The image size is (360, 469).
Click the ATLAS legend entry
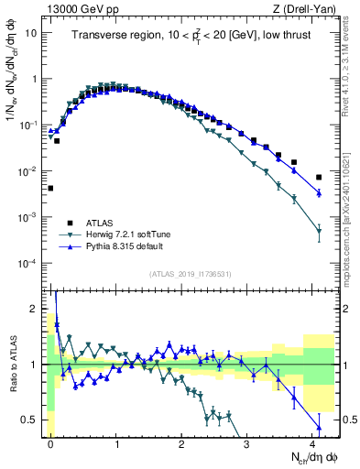[x=97, y=223]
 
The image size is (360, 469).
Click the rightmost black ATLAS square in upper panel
[x=319, y=177]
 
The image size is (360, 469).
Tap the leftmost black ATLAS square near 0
[x=50, y=189]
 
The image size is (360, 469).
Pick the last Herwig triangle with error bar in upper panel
[x=319, y=231]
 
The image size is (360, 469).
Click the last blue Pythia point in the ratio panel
[x=319, y=427]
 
